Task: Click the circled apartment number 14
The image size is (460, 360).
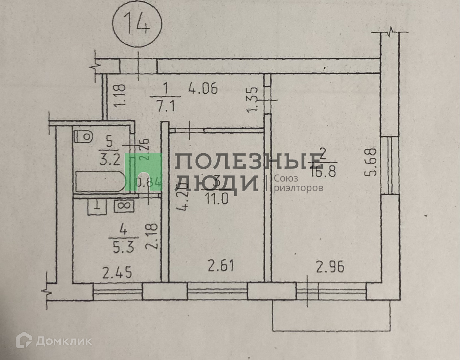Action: pyautogui.click(x=137, y=25)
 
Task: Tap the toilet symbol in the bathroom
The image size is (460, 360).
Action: pyautogui.click(x=84, y=136)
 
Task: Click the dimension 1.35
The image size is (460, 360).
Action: pyautogui.click(x=254, y=99)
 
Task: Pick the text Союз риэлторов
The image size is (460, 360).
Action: pyautogui.click(x=298, y=183)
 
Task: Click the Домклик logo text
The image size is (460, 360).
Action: pyautogui.click(x=63, y=341)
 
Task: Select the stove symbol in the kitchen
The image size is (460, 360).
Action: pyautogui.click(x=124, y=206)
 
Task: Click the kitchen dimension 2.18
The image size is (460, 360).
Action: pyautogui.click(x=152, y=237)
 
